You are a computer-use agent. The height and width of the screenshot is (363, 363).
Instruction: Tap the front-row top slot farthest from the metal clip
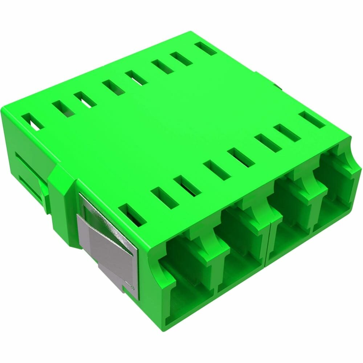click(312, 120)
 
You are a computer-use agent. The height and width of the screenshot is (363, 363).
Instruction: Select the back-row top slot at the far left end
click(33, 121)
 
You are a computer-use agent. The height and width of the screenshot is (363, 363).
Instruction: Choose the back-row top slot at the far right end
click(205, 48)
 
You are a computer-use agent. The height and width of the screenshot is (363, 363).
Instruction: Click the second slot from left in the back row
click(63, 108)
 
